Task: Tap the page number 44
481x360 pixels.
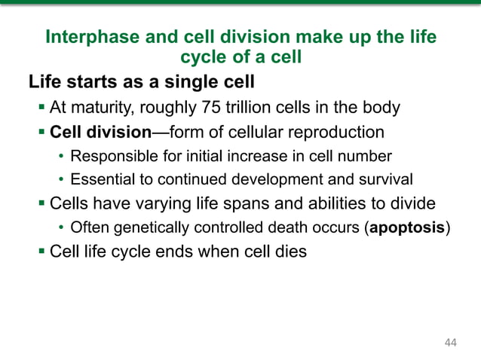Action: coord(451,343)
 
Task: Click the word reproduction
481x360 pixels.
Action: coord(335,133)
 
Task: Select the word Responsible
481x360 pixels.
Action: coord(109,157)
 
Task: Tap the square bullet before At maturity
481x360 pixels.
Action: coord(41,108)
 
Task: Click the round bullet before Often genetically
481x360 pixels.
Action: coord(61,227)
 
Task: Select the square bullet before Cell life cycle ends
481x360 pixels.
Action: coord(41,251)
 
